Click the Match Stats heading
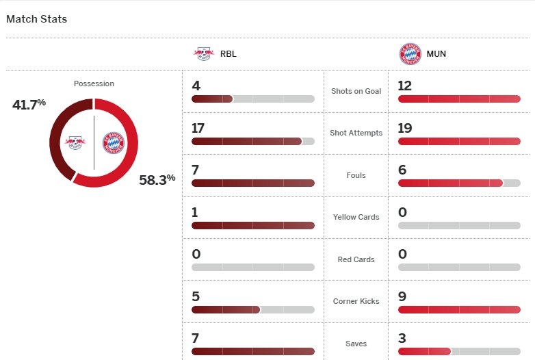[x=37, y=19]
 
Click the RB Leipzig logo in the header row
[x=203, y=53]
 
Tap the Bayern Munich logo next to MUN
[x=410, y=53]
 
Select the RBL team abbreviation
[x=229, y=53]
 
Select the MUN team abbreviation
[x=436, y=53]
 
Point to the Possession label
[x=94, y=83]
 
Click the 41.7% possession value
[x=29, y=104]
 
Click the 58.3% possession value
[x=157, y=180]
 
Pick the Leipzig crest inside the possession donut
[x=75, y=142]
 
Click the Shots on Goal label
[x=356, y=91]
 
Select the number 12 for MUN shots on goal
[x=405, y=86]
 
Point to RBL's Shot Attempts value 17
[x=198, y=128]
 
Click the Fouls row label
[x=356, y=175]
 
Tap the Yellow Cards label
[x=356, y=217]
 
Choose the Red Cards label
[x=356, y=259]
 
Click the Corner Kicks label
[x=356, y=301]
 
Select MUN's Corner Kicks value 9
[x=402, y=296]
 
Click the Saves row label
[x=356, y=344]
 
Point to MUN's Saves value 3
[x=402, y=338]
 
